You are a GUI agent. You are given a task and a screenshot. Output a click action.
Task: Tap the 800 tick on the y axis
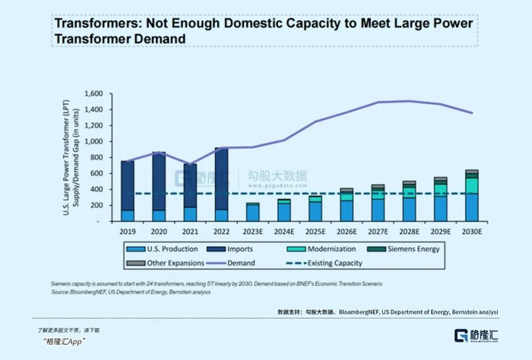[95, 157]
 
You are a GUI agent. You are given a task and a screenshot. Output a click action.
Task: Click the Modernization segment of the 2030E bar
[472, 185]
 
